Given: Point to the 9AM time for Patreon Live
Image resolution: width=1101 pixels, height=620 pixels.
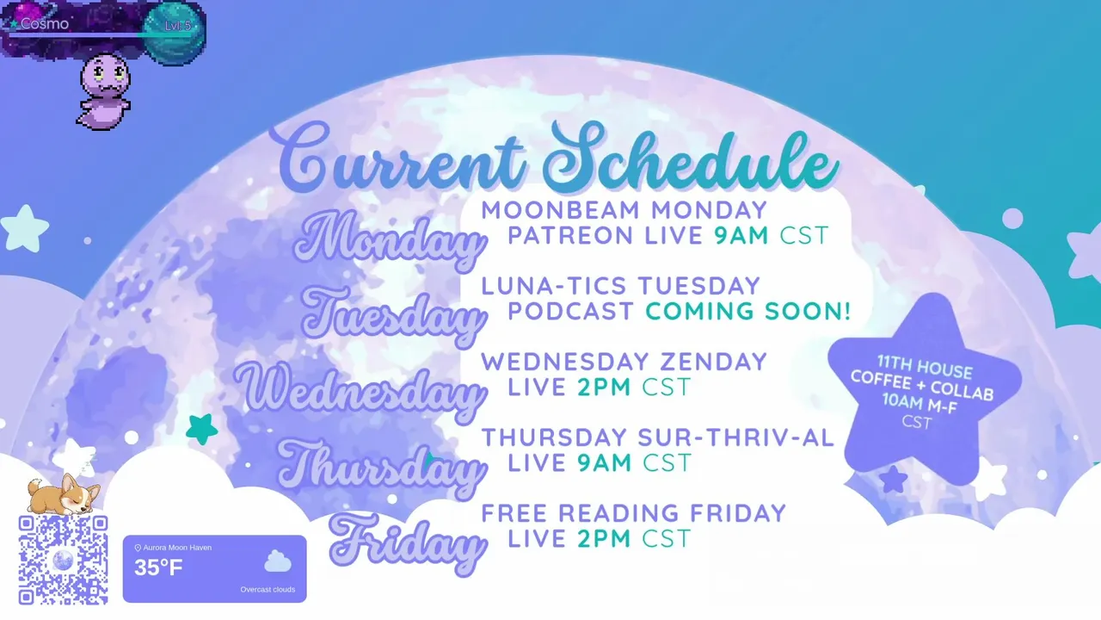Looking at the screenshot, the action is pyautogui.click(x=741, y=235).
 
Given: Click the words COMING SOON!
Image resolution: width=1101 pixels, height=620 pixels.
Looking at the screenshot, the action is pyautogui.click(x=748, y=311).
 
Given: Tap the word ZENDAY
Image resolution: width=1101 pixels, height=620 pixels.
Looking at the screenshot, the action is pyautogui.click(x=713, y=362).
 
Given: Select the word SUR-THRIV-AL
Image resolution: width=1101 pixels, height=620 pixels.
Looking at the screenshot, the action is pyautogui.click(x=735, y=437).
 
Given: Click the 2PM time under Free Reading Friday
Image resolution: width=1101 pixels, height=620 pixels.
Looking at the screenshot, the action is pyautogui.click(x=604, y=538).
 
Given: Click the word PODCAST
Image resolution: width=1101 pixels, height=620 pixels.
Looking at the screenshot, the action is pyautogui.click(x=570, y=311).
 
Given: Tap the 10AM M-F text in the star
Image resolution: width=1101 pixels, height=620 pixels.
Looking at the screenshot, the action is pyautogui.click(x=920, y=404).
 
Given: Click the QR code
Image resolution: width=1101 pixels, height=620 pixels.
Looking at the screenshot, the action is pyautogui.click(x=63, y=560).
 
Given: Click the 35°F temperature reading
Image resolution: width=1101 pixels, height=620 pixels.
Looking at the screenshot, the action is pyautogui.click(x=158, y=567).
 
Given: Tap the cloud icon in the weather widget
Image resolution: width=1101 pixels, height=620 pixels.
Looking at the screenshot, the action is pyautogui.click(x=278, y=561).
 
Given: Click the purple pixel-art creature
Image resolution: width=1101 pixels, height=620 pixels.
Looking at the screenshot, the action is pyautogui.click(x=104, y=92).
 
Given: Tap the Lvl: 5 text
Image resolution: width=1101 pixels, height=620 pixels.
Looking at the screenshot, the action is pyautogui.click(x=177, y=26).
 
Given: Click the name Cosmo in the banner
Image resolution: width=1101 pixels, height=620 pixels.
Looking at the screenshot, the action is pyautogui.click(x=45, y=23).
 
